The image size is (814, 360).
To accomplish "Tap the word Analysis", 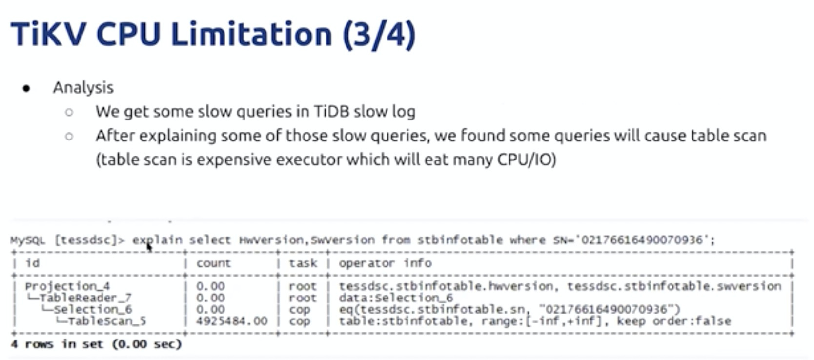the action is click(x=83, y=87).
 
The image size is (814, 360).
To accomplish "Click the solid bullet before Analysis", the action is click(x=26, y=88).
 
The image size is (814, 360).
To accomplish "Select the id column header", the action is click(x=32, y=262).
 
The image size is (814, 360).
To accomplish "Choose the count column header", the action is click(x=213, y=263).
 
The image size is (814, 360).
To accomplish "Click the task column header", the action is click(x=303, y=262).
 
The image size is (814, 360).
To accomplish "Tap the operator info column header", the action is click(x=385, y=262).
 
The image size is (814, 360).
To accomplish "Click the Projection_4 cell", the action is click(x=67, y=286).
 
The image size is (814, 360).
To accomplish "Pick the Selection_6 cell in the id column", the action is click(x=93, y=309).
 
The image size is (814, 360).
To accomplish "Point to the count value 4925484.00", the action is click(x=232, y=321).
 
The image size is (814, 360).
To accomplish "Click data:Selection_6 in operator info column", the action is click(x=396, y=298).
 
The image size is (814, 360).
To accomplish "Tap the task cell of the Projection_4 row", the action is click(x=303, y=286).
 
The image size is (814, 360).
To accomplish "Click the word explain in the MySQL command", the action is click(x=157, y=240).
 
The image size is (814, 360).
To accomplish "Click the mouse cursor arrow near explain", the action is click(x=149, y=248).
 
